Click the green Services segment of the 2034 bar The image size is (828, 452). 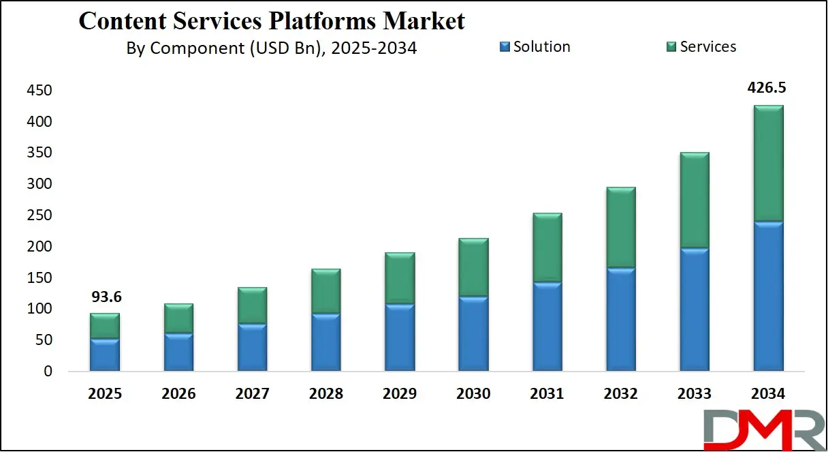768,164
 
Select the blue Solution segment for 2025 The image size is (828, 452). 105,355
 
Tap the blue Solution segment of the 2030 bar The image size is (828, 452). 473,334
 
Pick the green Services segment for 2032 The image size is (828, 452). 621,228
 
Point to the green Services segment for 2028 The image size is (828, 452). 326,291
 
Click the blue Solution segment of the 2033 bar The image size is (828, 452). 695,310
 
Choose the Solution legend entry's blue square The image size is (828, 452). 505,47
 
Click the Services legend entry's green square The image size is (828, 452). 671,47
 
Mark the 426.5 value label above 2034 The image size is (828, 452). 767,88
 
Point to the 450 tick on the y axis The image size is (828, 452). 39,91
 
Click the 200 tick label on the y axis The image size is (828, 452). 39,247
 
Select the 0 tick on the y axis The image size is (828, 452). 46,372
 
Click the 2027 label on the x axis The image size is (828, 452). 252,394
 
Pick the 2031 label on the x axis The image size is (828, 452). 547,394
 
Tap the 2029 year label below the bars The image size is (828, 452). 400,394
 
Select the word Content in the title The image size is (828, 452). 123,20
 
